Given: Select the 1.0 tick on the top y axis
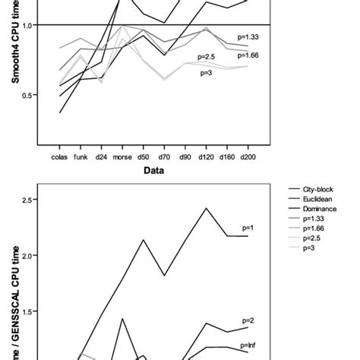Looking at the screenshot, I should pos(28,25).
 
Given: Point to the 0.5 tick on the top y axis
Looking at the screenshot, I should pos(28,95).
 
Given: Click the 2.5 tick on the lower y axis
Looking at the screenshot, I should pos(28,200).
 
